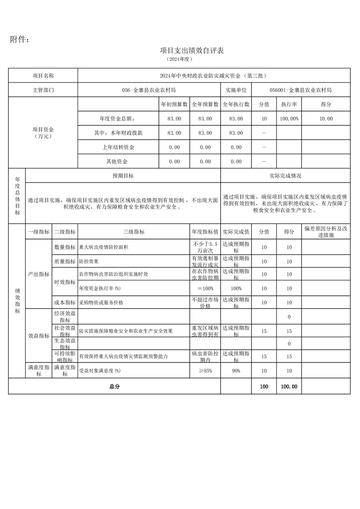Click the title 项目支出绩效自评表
[x=192, y=50]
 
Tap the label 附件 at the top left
[x=20, y=39]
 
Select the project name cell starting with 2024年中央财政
[x=214, y=76]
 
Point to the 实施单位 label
[x=236, y=90]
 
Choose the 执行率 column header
[x=289, y=104]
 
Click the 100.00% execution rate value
[x=289, y=118]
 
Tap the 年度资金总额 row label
[x=117, y=118]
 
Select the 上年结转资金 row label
[x=117, y=147]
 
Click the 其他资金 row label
[x=117, y=162]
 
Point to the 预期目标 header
[x=123, y=176]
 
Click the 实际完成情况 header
[x=285, y=176]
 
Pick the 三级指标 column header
[x=133, y=231]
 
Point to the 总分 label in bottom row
[x=114, y=387]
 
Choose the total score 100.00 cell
[x=289, y=387]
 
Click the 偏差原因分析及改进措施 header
[x=325, y=231]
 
